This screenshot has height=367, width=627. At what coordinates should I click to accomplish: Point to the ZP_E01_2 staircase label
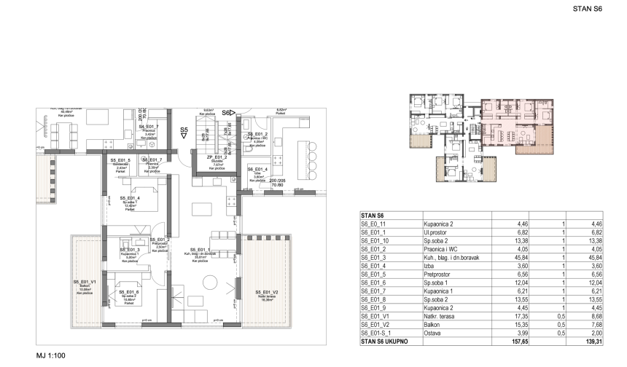click(x=217, y=158)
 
